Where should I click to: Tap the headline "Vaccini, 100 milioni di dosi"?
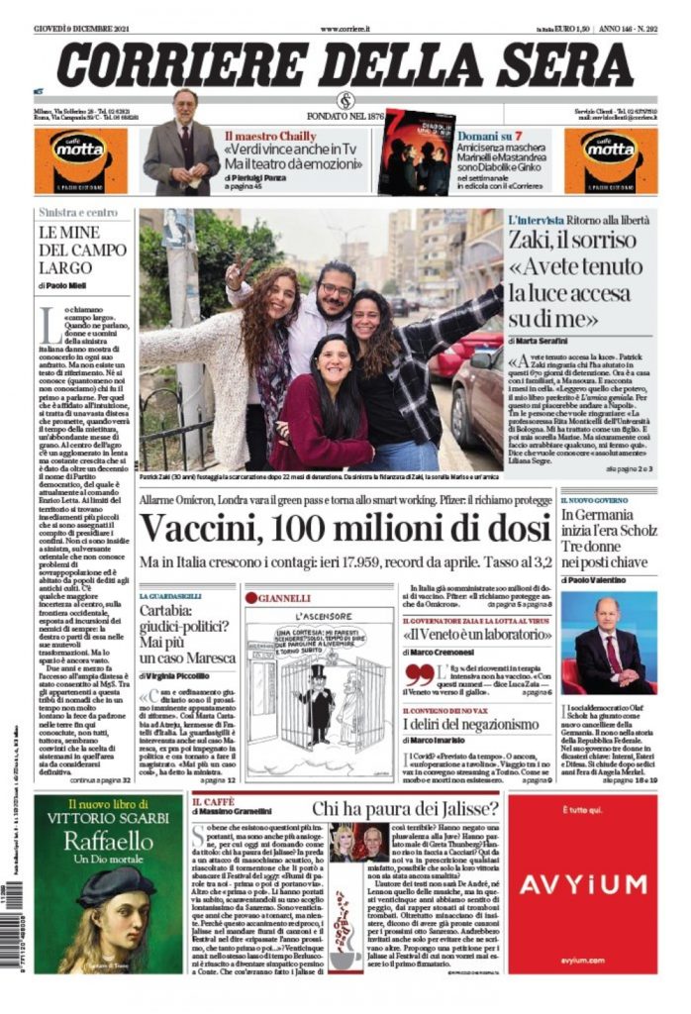(x=344, y=530)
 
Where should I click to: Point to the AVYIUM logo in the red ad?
(x=582, y=884)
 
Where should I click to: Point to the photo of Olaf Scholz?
(x=607, y=644)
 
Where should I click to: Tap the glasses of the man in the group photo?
(x=336, y=290)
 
